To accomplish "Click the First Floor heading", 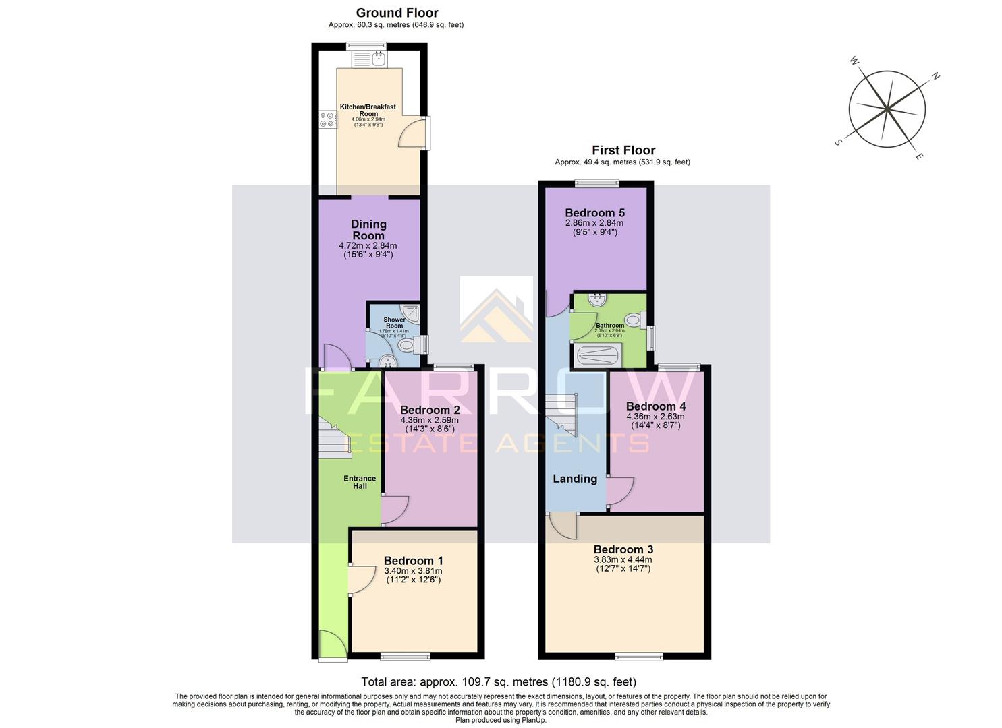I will point(623,150).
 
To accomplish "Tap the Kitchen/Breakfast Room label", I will point(368,110).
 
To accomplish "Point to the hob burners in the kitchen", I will point(327,119).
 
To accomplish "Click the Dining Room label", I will point(368,229).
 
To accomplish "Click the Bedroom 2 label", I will point(430,410).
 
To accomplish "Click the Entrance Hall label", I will point(360,482).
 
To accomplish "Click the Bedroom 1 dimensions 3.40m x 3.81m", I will point(413,571).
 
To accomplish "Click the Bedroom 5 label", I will point(594,213).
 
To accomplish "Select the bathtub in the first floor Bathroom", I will point(596,355).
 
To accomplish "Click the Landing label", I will point(575,479).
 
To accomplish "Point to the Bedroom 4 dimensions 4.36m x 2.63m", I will point(655,417).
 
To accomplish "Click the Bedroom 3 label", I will point(623,549).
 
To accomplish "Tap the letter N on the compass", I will point(936,76).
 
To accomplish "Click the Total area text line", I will point(499,681).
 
